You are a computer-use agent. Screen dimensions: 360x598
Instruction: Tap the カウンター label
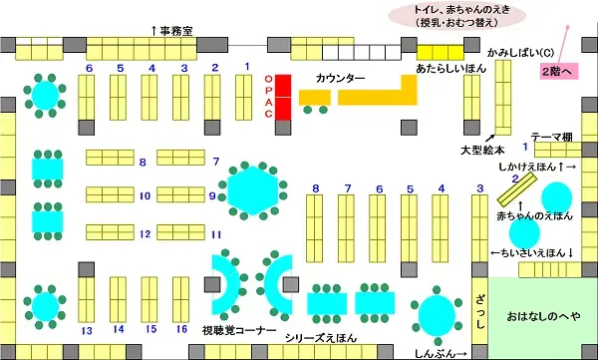coord(340,78)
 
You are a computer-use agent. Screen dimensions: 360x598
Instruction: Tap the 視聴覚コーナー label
coord(238,328)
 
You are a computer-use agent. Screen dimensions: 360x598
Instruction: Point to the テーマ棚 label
coord(551,138)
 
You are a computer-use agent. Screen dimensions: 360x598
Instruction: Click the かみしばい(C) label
coord(513,50)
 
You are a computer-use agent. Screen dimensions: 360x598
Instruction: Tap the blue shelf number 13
coord(87,329)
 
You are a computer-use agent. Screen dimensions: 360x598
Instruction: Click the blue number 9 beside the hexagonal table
coord(212,195)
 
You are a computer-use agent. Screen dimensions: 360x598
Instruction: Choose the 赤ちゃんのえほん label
coord(535,215)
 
